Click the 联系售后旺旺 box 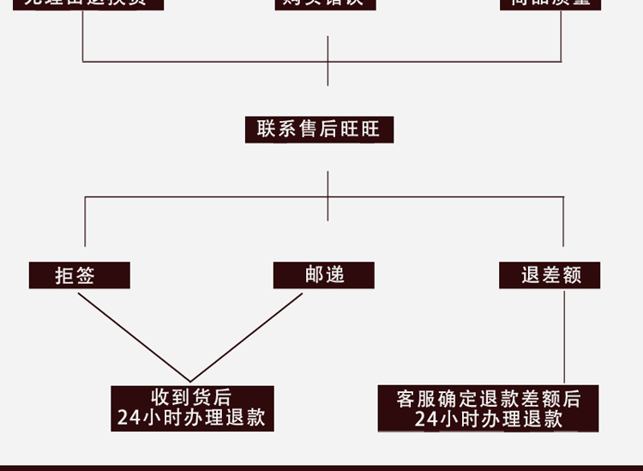coord(319,130)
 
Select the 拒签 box coord(79,275)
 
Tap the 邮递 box coord(324,275)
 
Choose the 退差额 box coord(550,275)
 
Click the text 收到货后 coord(191,398)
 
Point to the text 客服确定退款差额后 coord(489,399)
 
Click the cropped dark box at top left coord(82,3)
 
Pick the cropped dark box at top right coord(550,3)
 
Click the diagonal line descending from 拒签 coord(133,336)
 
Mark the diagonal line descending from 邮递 coord(247,336)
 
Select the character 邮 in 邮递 coord(315,275)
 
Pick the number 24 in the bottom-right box coord(425,420)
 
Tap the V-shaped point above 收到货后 coord(190,381)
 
